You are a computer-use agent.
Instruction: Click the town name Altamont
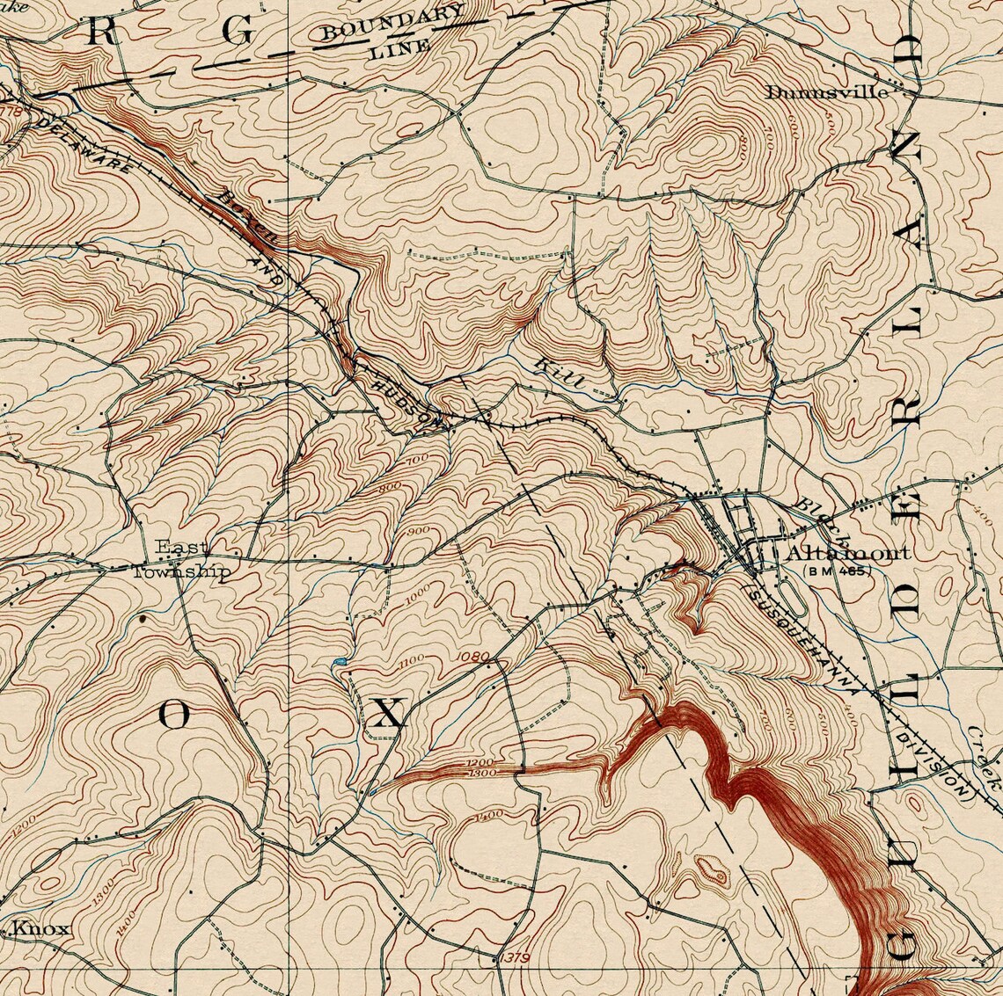point(847,553)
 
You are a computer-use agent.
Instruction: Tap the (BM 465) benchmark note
point(837,571)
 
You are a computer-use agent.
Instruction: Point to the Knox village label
point(40,929)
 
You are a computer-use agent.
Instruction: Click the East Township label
point(181,560)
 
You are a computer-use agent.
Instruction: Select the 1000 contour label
point(419,594)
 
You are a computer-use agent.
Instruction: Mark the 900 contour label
point(419,530)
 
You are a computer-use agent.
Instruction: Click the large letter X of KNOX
point(387,713)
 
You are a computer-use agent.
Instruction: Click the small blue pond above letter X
point(339,661)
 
